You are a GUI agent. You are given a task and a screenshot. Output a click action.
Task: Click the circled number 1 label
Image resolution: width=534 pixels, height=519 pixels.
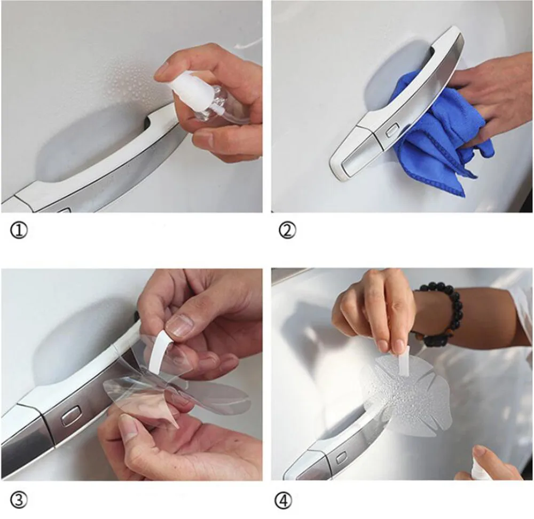18,231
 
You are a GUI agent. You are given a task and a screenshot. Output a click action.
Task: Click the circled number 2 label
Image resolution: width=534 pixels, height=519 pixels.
287,231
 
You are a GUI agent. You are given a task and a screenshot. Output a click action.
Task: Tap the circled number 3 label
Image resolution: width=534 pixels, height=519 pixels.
19,500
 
